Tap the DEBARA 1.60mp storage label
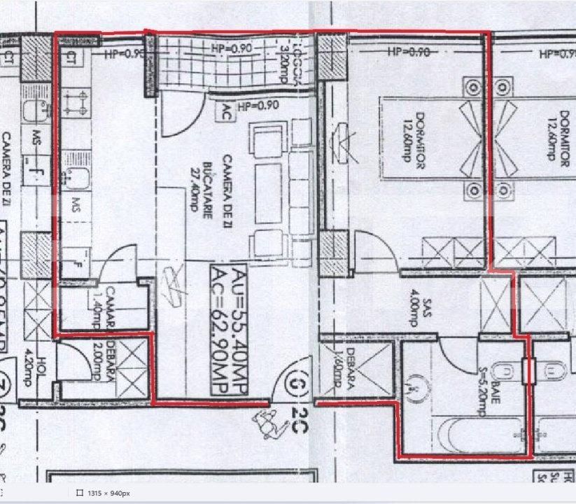pyautogui.click(x=344, y=370)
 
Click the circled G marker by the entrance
pyautogui.click(x=299, y=384)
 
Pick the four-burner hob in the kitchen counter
pyautogui.click(x=73, y=104)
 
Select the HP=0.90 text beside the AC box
pyautogui.click(x=259, y=106)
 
